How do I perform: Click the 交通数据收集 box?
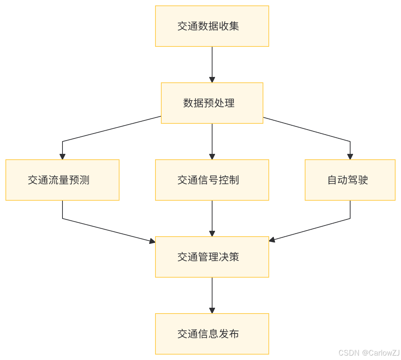point(212,26)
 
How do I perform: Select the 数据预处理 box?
point(212,103)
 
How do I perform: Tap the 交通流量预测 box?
point(62,180)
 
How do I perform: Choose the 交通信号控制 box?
point(212,180)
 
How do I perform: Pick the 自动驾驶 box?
point(350,180)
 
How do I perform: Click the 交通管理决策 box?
point(212,257)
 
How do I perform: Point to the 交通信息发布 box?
point(212,334)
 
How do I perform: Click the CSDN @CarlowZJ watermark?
point(368,352)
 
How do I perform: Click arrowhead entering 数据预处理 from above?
point(212,80)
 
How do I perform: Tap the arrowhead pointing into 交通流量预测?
point(62,157)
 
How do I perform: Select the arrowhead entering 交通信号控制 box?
point(212,157)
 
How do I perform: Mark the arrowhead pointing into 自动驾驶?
point(350,157)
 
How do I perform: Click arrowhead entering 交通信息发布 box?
point(212,311)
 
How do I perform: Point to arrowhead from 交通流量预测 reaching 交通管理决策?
point(152,241)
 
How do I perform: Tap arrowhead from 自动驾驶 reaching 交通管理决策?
point(272,240)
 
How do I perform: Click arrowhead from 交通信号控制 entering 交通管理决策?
point(212,234)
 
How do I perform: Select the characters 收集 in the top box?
point(229,26)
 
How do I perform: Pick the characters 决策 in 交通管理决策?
point(229,257)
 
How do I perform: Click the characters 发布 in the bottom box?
point(229,334)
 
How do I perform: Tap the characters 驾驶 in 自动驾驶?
point(358,180)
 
